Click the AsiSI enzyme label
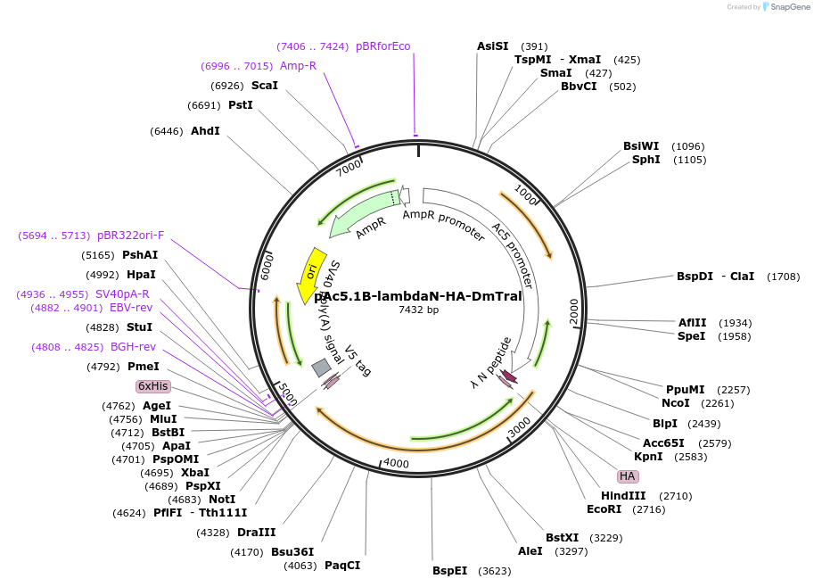point(492,46)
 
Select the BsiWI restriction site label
point(641,146)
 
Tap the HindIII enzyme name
point(621,496)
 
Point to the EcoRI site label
point(604,509)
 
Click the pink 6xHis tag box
point(152,386)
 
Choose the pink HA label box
point(628,476)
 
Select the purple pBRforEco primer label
point(383,46)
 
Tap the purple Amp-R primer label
point(298,66)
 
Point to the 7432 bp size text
point(418,310)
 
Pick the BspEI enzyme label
point(449,571)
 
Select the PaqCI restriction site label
point(342,566)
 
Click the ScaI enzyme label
point(265,86)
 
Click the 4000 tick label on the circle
point(395,464)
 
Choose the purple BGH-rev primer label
point(133,347)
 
